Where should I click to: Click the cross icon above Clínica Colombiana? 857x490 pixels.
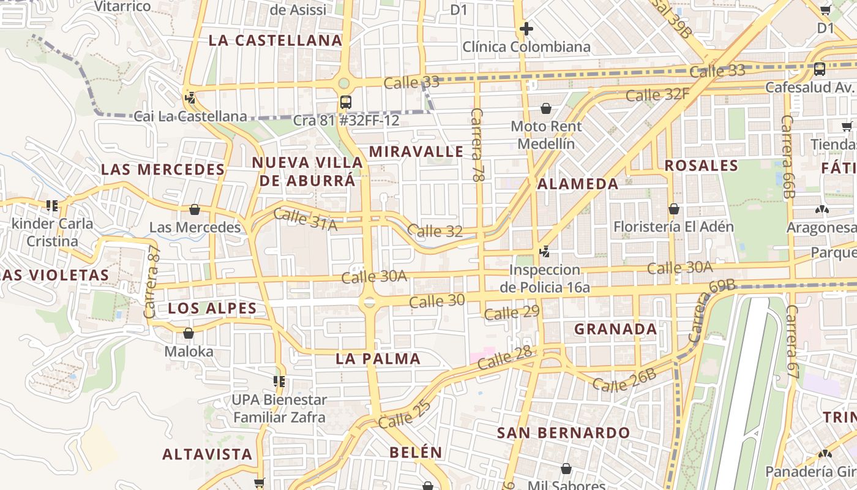point(526,29)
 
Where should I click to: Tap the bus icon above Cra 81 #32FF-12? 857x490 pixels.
point(346,102)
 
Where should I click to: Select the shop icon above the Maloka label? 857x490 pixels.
point(189,333)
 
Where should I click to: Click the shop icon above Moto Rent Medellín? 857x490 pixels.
point(546,108)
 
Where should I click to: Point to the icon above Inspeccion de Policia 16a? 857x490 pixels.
point(544,251)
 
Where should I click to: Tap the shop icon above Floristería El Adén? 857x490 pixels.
point(673,209)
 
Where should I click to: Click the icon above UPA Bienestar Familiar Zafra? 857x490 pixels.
point(279,382)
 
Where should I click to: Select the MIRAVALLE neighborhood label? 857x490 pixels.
point(417,152)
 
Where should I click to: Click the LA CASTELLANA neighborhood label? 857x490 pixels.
point(275,40)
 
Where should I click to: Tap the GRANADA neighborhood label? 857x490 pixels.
point(615,329)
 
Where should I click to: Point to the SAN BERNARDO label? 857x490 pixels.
point(563,432)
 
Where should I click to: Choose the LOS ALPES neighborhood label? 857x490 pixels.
point(212,308)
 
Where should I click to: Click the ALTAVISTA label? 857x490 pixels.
point(207,454)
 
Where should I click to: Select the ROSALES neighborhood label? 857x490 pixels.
point(702,165)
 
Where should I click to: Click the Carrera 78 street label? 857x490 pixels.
point(477,145)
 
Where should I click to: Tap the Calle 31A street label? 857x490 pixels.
point(305,220)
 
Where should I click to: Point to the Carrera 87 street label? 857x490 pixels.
point(151,281)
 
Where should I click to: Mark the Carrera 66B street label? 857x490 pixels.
point(787,157)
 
